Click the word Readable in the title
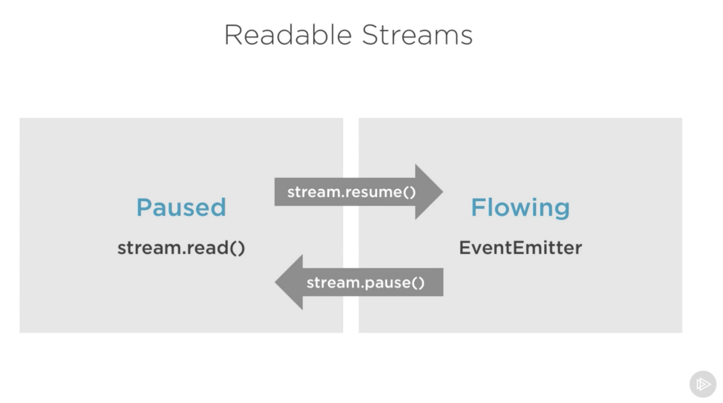tap(288, 35)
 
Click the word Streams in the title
tap(417, 35)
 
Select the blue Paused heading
tap(181, 208)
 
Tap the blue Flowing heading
tap(520, 208)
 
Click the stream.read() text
tap(181, 248)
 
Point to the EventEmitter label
tap(520, 248)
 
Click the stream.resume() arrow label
tap(351, 192)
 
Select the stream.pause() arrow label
tap(365, 283)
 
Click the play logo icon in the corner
tap(703, 384)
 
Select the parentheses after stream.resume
tap(409, 192)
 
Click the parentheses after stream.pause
tap(418, 283)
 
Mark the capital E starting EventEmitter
tap(465, 248)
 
